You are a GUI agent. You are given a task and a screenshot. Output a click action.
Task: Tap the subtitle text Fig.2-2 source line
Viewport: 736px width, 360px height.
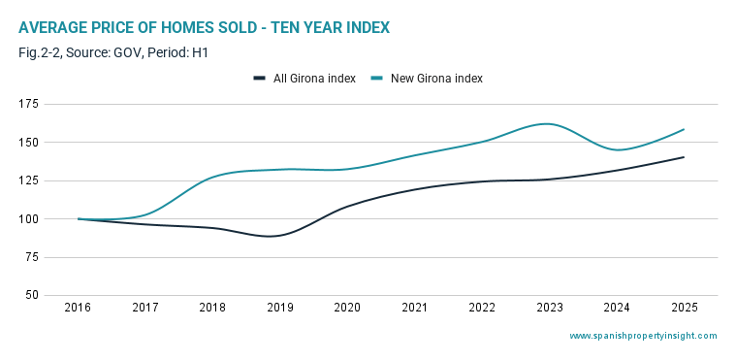click(x=113, y=53)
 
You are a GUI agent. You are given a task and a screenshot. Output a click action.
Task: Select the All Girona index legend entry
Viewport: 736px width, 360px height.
click(x=304, y=79)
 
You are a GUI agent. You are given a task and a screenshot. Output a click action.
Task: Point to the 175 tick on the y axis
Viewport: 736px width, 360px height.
click(x=28, y=104)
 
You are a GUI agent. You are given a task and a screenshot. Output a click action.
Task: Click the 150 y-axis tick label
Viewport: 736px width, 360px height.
click(x=28, y=143)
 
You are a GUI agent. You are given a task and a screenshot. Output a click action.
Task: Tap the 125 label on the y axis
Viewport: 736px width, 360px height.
click(x=28, y=180)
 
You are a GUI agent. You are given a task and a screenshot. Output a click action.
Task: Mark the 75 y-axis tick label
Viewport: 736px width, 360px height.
click(x=31, y=257)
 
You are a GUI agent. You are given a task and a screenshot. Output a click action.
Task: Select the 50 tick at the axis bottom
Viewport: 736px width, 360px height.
click(x=31, y=296)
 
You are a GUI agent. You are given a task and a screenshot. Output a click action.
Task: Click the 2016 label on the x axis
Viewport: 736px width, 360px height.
click(x=78, y=308)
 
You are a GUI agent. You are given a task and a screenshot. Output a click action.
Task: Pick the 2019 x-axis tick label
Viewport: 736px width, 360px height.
click(x=279, y=308)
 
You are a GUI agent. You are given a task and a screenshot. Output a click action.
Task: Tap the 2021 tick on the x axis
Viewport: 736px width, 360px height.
click(x=415, y=308)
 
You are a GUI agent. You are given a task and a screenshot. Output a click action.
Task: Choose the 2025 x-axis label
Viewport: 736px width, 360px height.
click(x=685, y=308)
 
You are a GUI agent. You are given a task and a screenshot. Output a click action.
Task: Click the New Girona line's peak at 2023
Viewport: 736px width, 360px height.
click(x=547, y=124)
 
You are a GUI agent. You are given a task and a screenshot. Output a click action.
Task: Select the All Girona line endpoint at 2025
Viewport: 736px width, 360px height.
click(x=684, y=157)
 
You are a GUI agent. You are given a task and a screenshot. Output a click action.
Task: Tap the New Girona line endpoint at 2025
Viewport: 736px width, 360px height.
click(x=684, y=129)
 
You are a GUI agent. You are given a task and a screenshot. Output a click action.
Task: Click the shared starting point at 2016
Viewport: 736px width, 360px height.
click(x=79, y=218)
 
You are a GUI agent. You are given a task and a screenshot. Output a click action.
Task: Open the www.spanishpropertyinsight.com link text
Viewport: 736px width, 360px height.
click(x=643, y=336)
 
